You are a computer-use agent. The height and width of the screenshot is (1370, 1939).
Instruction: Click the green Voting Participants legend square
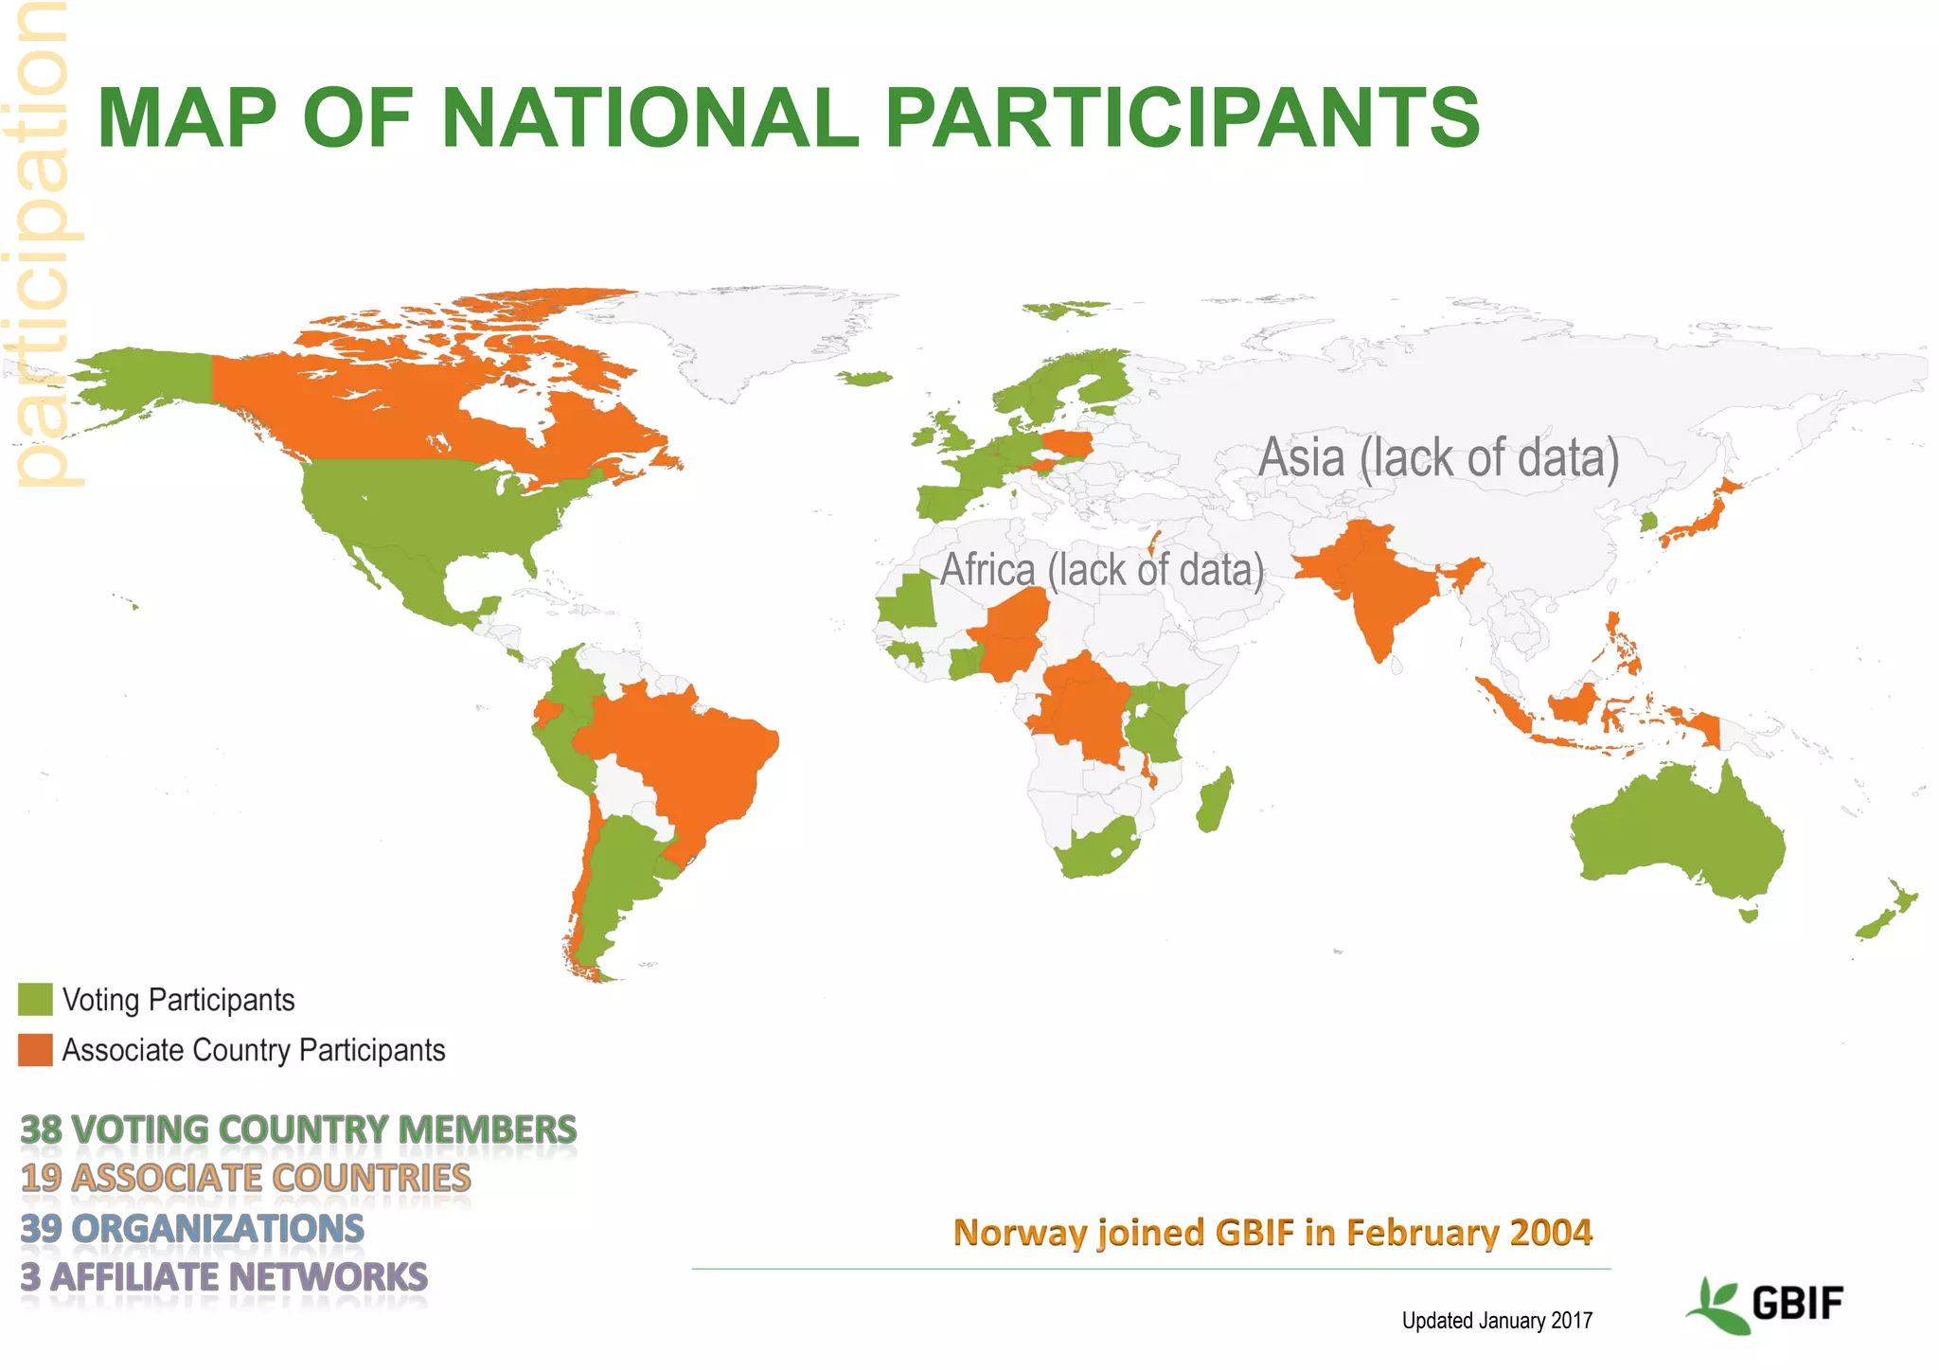coord(35,1000)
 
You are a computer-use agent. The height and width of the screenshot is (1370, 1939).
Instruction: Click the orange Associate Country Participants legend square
coord(35,1050)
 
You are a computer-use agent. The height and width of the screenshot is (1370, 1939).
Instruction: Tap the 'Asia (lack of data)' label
coord(1438,458)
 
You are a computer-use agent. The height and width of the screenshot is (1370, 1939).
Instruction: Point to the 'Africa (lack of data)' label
coord(1101,570)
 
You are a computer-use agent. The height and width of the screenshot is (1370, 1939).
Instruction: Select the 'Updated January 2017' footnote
coord(1497,1320)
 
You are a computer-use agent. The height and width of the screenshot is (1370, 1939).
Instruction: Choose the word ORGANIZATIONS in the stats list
coord(218,1229)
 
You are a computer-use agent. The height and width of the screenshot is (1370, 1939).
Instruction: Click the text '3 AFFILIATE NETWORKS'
coord(224,1277)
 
